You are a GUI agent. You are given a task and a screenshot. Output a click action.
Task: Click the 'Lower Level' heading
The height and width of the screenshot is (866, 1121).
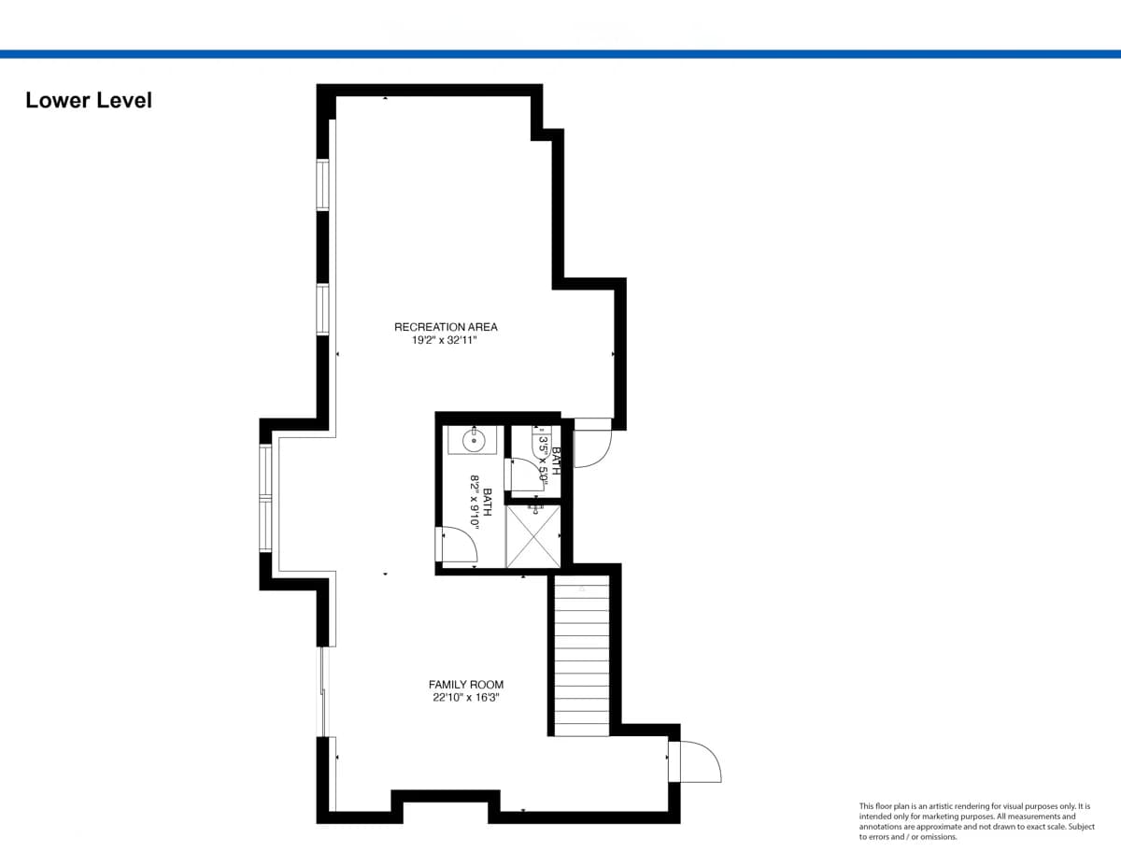(89, 100)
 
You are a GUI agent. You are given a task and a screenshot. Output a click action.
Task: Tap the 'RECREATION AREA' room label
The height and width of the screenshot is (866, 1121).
(446, 327)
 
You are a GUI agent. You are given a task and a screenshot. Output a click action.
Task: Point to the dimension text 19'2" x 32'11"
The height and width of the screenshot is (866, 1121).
(444, 340)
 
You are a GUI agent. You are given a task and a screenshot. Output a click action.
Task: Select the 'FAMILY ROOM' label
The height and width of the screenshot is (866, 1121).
(466, 685)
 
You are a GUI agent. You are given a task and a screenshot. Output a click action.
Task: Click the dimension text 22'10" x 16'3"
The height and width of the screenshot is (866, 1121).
(466, 698)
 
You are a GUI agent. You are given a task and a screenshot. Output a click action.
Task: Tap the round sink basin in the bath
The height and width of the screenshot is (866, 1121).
(473, 442)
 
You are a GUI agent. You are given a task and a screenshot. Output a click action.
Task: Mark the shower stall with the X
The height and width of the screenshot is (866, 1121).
(533, 536)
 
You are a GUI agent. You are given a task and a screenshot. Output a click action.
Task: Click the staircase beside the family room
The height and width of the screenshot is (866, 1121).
(582, 656)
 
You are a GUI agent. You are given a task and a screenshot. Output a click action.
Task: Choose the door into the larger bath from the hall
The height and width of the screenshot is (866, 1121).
(457, 544)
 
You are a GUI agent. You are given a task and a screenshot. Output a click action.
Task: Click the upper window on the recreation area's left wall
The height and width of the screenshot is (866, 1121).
(322, 185)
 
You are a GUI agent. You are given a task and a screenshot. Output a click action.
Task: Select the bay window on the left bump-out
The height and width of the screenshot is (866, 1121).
(265, 498)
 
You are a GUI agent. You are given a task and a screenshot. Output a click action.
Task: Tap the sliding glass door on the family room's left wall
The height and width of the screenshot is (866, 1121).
(323, 691)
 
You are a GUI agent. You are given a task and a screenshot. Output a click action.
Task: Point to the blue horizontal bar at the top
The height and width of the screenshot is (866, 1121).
(560, 54)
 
